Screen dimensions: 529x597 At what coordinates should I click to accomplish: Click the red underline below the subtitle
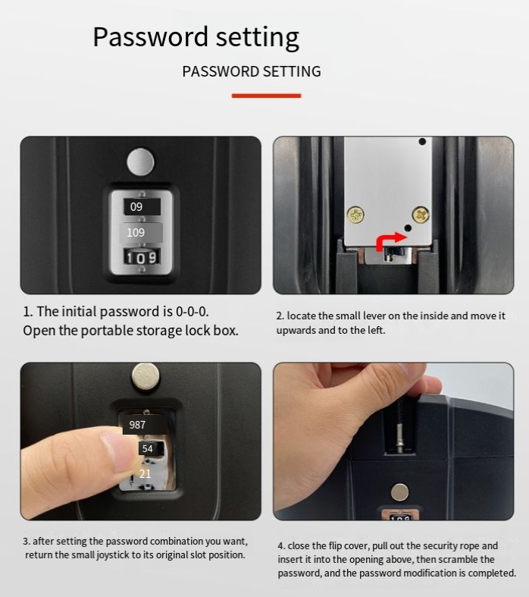(x=266, y=96)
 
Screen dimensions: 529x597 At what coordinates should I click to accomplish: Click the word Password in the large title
(x=150, y=37)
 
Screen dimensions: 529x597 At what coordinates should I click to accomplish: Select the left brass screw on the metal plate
(x=355, y=215)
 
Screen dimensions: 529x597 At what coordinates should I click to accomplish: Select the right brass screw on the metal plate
(x=421, y=215)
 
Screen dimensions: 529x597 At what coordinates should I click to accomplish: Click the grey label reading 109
(x=141, y=232)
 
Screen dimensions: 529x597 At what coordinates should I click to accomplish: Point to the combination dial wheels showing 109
(x=142, y=257)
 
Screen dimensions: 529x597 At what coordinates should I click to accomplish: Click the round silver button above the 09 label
(x=140, y=162)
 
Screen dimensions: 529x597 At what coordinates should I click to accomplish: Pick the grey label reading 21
(x=145, y=473)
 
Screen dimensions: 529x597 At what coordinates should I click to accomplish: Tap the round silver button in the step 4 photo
(x=399, y=492)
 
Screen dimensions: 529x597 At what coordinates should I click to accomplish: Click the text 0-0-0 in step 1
(x=192, y=312)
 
